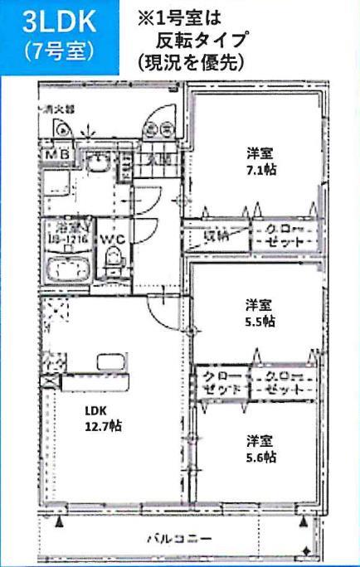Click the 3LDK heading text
tap(56, 23)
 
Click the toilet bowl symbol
tap(112, 264)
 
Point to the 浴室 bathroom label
tap(69, 226)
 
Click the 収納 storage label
tap(217, 236)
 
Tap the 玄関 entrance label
tap(158, 158)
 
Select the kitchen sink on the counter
tap(110, 362)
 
